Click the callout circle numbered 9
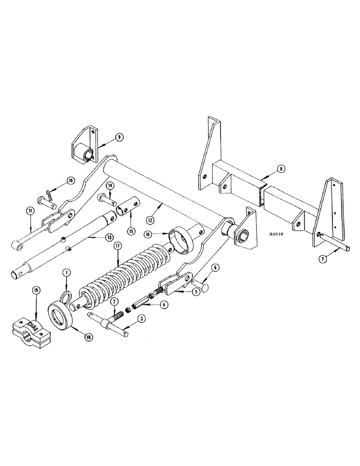[x=119, y=137]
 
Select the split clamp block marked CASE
[x=29, y=330]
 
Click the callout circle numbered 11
[x=29, y=211]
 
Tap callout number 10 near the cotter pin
[x=70, y=180]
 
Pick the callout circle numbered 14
[x=110, y=185]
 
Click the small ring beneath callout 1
[x=67, y=296]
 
